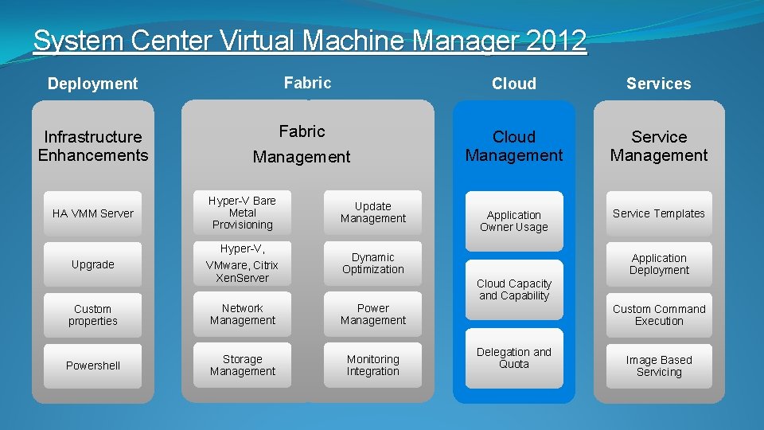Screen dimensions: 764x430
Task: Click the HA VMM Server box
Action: click(93, 213)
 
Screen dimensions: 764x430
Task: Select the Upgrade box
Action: click(93, 264)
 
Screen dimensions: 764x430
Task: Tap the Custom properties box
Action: click(93, 315)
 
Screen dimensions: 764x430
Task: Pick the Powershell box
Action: click(93, 365)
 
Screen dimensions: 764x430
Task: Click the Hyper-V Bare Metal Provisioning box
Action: click(243, 213)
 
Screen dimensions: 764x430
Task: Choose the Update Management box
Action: click(373, 213)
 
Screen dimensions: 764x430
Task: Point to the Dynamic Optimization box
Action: click(373, 264)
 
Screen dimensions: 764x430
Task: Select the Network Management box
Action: click(243, 315)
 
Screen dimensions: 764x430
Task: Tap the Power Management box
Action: click(373, 315)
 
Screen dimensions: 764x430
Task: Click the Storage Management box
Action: click(243, 365)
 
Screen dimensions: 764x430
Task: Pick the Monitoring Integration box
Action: click(373, 365)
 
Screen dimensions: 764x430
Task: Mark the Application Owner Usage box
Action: click(514, 221)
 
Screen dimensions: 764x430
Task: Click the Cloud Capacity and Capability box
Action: click(514, 289)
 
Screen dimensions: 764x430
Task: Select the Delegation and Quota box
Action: click(514, 358)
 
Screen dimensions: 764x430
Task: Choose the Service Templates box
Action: click(659, 213)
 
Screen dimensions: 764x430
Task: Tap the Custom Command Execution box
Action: click(659, 315)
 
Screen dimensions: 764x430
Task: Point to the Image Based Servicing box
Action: click(659, 366)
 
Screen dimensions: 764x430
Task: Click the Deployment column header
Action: click(93, 84)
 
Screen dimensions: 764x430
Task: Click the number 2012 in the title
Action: click(555, 41)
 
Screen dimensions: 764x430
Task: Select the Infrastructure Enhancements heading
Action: click(93, 146)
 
